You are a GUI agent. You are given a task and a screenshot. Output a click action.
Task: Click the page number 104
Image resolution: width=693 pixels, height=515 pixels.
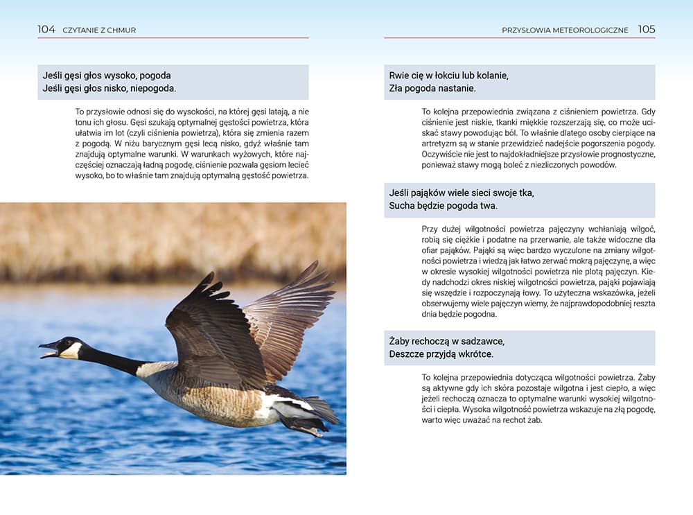(46, 30)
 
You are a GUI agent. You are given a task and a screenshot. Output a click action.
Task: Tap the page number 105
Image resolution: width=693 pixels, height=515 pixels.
(647, 30)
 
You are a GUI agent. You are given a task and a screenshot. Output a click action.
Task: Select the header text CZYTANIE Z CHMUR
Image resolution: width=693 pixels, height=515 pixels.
(99, 30)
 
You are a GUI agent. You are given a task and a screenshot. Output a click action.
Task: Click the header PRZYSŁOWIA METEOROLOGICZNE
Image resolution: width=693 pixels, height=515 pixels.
(565, 30)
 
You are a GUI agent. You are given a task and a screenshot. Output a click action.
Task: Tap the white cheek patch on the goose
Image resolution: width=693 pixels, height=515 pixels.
(71, 350)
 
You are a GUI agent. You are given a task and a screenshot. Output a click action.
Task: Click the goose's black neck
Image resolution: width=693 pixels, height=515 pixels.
(111, 360)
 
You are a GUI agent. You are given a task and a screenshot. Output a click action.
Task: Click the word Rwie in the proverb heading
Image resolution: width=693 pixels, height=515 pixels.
(400, 75)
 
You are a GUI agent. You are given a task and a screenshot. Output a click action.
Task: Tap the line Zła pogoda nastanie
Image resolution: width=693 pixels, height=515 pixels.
(432, 88)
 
